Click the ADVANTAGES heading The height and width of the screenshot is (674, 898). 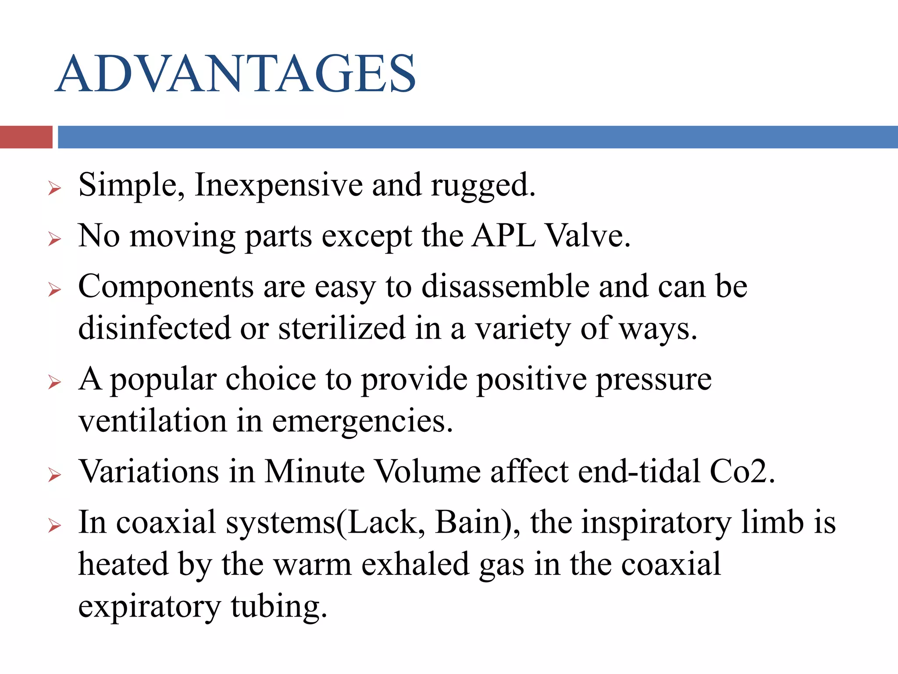click(x=236, y=74)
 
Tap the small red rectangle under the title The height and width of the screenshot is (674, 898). click(x=26, y=137)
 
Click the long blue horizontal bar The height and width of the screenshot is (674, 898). click(x=478, y=137)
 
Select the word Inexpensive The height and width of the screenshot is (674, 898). click(x=278, y=185)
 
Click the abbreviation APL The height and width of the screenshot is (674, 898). click(x=504, y=236)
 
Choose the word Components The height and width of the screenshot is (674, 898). click(x=166, y=287)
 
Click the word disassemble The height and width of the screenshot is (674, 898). click(x=505, y=286)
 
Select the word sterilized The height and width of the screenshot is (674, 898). click(x=342, y=328)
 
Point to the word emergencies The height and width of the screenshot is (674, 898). click(x=362, y=421)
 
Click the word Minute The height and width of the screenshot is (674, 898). click(x=314, y=472)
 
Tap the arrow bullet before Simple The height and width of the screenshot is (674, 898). click(x=54, y=189)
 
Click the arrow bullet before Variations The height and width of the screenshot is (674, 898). click(x=54, y=475)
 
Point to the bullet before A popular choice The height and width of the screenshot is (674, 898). click(x=54, y=382)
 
